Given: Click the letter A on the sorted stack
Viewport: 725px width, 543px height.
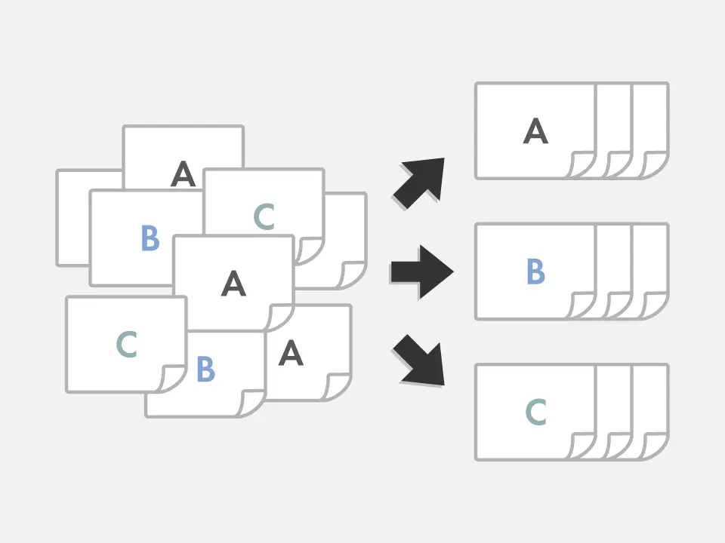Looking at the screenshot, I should tap(535, 132).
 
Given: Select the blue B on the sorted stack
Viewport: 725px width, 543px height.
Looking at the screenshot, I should tap(535, 272).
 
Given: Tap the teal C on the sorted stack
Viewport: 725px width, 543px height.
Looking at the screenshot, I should tap(535, 413).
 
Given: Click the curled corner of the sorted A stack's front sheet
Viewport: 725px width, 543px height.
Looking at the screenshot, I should tap(582, 165).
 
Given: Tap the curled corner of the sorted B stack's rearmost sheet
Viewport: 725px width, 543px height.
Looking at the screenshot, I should tap(655, 305).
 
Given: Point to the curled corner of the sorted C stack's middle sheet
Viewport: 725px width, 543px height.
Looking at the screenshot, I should tap(619, 446).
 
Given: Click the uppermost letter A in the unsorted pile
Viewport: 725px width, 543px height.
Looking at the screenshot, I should tap(183, 174).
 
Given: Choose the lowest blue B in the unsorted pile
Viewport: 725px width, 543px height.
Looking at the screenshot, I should tap(205, 370).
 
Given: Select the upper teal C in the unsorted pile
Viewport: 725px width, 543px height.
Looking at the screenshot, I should tap(264, 217).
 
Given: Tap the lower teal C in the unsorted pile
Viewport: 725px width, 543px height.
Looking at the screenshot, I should tap(126, 345).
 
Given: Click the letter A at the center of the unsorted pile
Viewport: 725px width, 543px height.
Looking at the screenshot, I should tap(233, 284).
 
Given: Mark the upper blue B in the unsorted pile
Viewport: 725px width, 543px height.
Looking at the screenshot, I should tap(150, 238).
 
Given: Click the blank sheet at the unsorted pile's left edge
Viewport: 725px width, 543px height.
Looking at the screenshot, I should tap(72, 219).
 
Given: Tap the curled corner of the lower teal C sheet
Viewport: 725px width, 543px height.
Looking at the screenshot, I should tap(172, 379).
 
